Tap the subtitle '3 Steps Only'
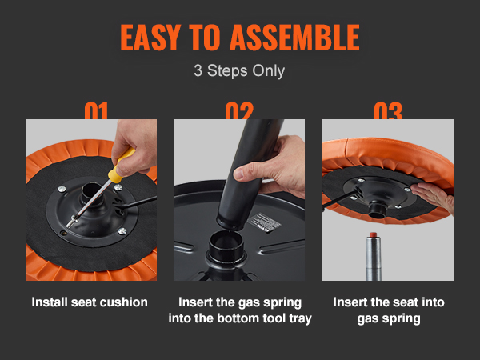tap(239, 70)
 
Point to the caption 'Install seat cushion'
tap(90, 302)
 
